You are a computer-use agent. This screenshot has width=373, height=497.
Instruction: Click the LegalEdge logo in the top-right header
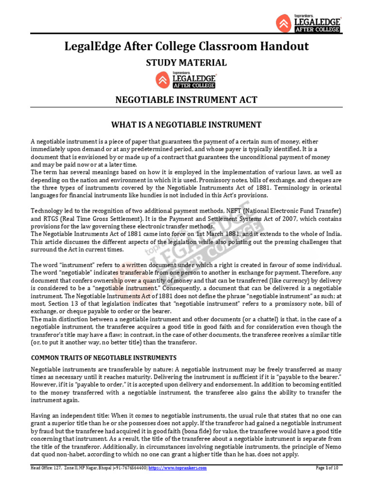tap(308, 22)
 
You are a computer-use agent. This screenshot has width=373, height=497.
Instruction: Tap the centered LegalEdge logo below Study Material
tap(186, 80)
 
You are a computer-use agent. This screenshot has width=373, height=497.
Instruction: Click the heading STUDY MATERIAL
tap(186, 63)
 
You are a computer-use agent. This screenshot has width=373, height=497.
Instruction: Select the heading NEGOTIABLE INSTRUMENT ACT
tap(186, 100)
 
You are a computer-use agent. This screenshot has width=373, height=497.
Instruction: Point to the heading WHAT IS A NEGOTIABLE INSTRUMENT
tap(186, 125)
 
